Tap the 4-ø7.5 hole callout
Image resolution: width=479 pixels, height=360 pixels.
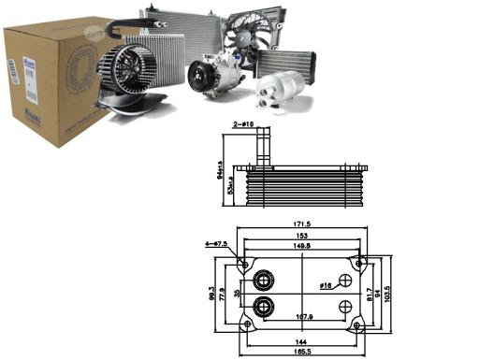point(214,246)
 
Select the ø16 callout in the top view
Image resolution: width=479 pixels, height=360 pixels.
point(325,286)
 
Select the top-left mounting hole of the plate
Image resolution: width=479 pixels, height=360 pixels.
point(245,264)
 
